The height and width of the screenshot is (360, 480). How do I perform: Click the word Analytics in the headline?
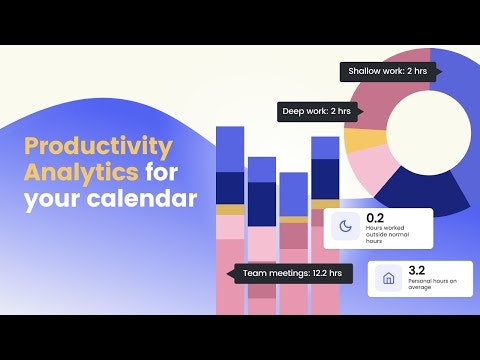click(79, 172)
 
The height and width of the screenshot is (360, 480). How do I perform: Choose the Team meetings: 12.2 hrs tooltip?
click(291, 272)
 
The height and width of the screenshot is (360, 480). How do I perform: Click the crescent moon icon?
click(346, 227)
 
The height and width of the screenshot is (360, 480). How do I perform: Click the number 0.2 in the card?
click(376, 217)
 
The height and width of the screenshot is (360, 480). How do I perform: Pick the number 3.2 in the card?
click(418, 269)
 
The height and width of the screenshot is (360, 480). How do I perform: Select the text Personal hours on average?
click(432, 287)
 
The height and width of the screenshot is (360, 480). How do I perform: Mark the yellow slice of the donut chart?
click(358, 140)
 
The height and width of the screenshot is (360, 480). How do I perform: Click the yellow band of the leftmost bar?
click(230, 210)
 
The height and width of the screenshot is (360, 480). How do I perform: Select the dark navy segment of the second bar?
click(262, 203)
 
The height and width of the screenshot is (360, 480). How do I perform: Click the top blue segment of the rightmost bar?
click(325, 148)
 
